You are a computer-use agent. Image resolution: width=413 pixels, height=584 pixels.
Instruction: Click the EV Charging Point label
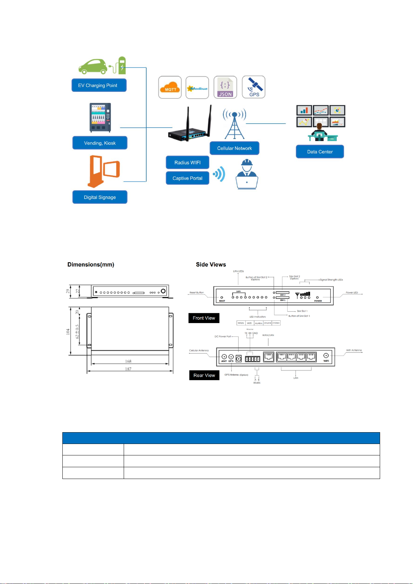click(99, 85)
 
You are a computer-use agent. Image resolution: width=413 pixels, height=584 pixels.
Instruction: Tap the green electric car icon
click(93, 66)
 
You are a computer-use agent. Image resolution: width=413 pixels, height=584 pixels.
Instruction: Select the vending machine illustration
click(100, 117)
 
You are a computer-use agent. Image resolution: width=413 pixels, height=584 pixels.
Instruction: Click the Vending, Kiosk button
click(100, 143)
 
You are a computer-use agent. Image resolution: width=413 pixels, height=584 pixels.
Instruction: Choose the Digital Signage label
click(100, 197)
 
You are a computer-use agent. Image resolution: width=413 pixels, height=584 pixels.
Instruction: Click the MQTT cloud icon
click(170, 87)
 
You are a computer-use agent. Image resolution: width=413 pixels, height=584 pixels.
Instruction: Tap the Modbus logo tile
click(197, 87)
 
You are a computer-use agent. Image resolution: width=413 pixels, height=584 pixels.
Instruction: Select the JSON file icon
click(225, 87)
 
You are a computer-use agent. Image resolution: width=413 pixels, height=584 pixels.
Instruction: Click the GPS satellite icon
click(254, 87)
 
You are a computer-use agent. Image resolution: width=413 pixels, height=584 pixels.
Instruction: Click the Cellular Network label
click(235, 148)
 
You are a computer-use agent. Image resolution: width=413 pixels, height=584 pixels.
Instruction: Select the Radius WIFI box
click(187, 163)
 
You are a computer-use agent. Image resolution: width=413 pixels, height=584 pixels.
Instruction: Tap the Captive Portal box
click(187, 178)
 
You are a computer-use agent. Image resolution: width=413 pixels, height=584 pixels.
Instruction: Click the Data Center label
click(320, 152)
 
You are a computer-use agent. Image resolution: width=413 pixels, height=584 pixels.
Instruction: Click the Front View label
click(204, 318)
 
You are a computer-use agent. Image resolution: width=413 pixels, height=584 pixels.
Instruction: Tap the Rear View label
click(204, 375)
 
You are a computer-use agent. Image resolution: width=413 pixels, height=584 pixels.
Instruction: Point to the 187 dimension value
click(128, 369)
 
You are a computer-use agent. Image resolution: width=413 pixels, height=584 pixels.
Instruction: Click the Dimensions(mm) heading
click(91, 264)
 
